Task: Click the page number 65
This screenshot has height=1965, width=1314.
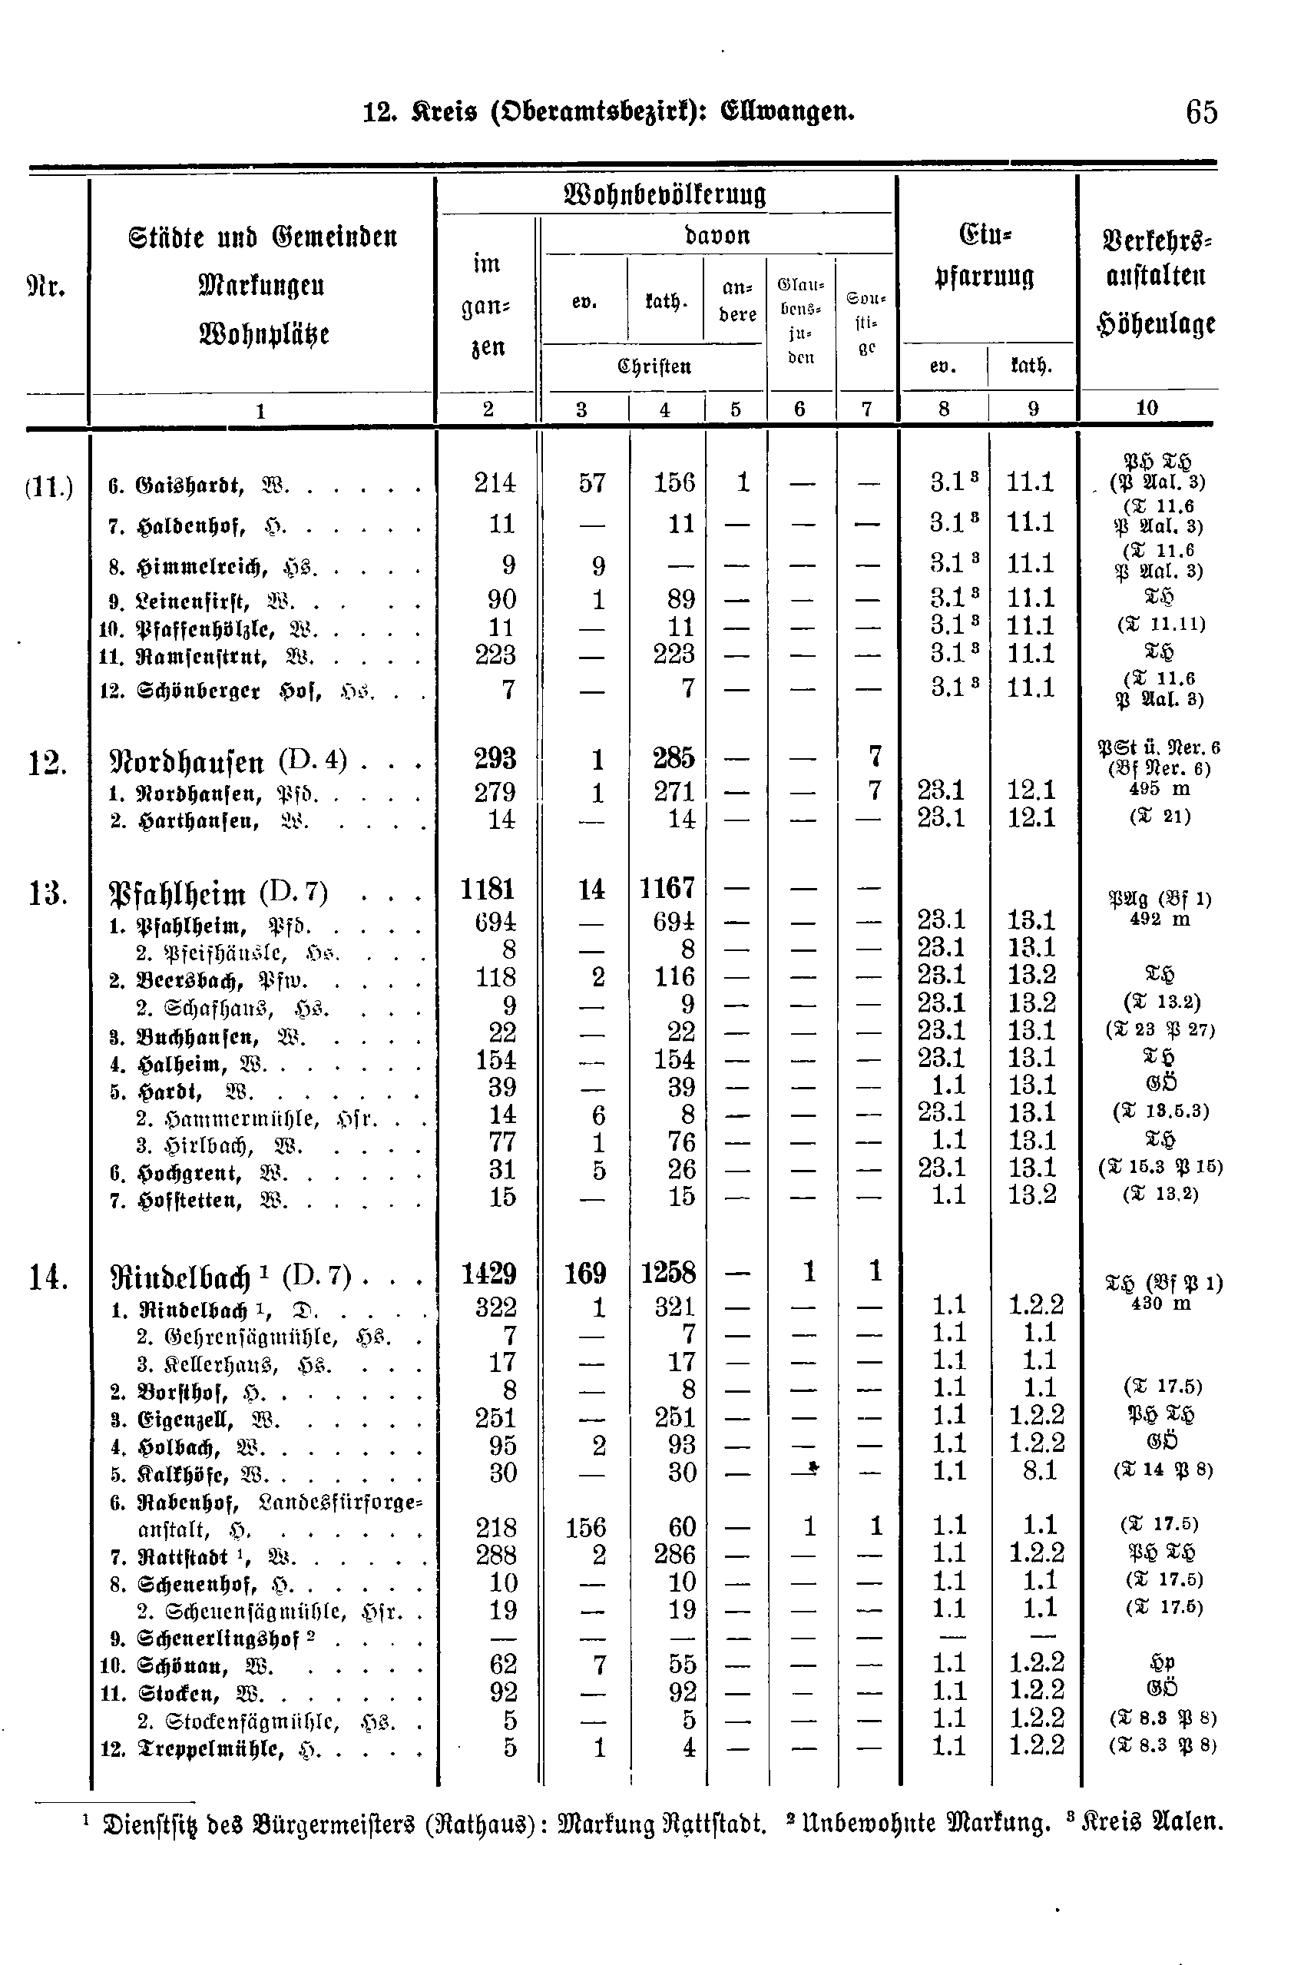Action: (1201, 112)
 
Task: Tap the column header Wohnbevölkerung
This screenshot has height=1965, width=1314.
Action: (665, 194)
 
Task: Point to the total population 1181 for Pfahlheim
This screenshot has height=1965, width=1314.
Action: (488, 889)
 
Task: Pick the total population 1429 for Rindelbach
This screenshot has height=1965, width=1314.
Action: (489, 1274)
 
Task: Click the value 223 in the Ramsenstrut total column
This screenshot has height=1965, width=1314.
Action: (495, 654)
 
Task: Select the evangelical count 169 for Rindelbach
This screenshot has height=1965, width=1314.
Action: (585, 1274)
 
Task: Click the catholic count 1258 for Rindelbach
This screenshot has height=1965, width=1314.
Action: (668, 1274)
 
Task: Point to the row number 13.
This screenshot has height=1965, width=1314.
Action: (48, 893)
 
